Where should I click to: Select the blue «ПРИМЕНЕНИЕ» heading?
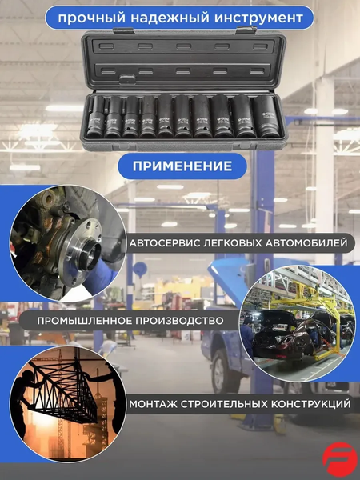(x=178, y=166)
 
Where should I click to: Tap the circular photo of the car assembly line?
(x=293, y=319)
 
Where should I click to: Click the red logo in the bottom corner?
(x=339, y=460)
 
